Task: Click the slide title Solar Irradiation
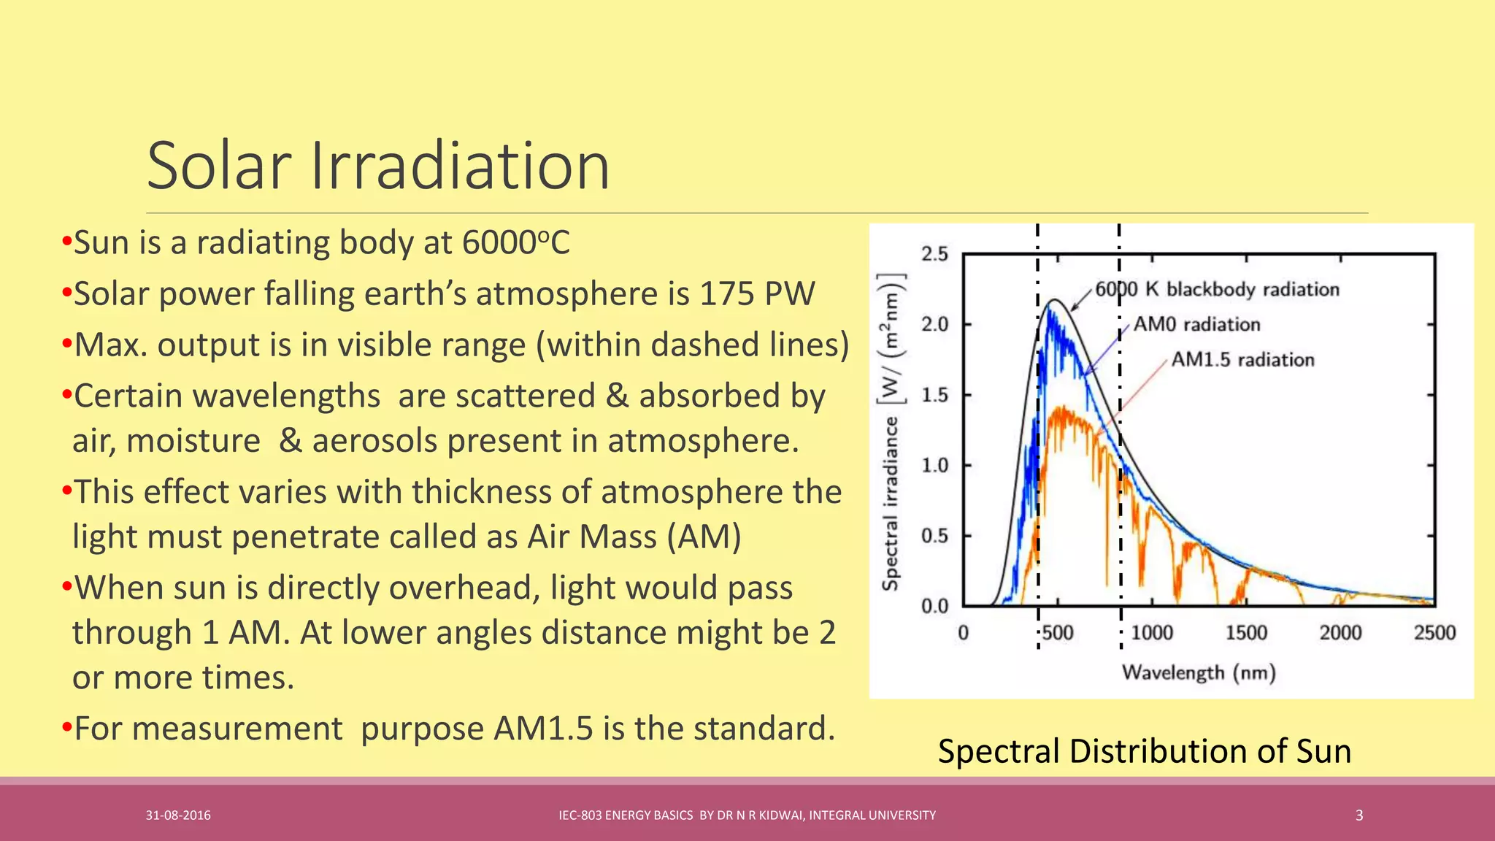(x=378, y=166)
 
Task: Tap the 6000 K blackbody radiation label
(x=1217, y=289)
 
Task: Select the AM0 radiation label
(x=1196, y=324)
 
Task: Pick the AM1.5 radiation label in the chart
(x=1242, y=359)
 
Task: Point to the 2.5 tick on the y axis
(x=934, y=254)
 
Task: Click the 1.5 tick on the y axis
(x=934, y=395)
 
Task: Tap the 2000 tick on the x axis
(x=1340, y=632)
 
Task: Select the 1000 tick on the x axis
(x=1152, y=632)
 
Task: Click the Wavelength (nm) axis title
(x=1199, y=672)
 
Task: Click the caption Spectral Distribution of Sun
(x=1144, y=751)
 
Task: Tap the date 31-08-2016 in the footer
(x=178, y=815)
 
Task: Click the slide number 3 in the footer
(x=1359, y=815)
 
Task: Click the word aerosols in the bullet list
(x=374, y=441)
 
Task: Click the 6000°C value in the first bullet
(x=515, y=242)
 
